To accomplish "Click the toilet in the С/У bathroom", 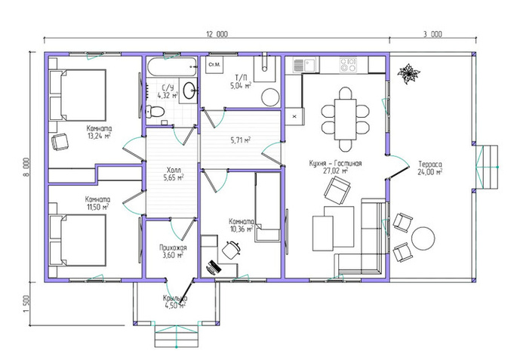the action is coord(155,112).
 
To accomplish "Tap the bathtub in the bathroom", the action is coord(172,67).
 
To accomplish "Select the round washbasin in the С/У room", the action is coord(189,91).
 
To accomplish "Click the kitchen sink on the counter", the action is coord(305,65).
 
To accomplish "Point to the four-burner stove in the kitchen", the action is coord(348,65).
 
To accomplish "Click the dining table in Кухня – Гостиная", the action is coord(345,119).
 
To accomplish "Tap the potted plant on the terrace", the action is coord(408,72).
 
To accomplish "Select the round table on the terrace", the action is coord(423,238).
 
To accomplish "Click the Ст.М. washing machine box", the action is coord(214,65).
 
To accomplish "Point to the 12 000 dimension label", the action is coord(217,34).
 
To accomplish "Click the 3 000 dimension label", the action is coord(432,34).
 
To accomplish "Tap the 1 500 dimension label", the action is coord(26,303).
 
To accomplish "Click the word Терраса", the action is coord(430,164).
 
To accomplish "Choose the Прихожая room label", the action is coord(173,248).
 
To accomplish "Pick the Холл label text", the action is coord(174,170).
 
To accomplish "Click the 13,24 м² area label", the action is coord(99,135).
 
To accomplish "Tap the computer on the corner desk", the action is coord(213,267).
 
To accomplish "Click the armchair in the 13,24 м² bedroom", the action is coord(60,142).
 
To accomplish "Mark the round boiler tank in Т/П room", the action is coord(270,97).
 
